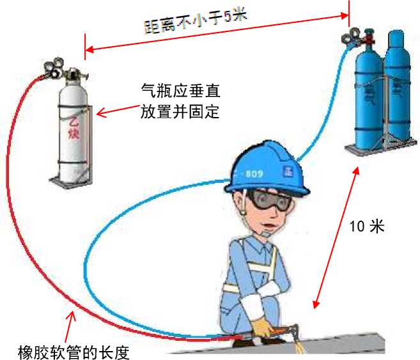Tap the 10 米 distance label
click(367, 226)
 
